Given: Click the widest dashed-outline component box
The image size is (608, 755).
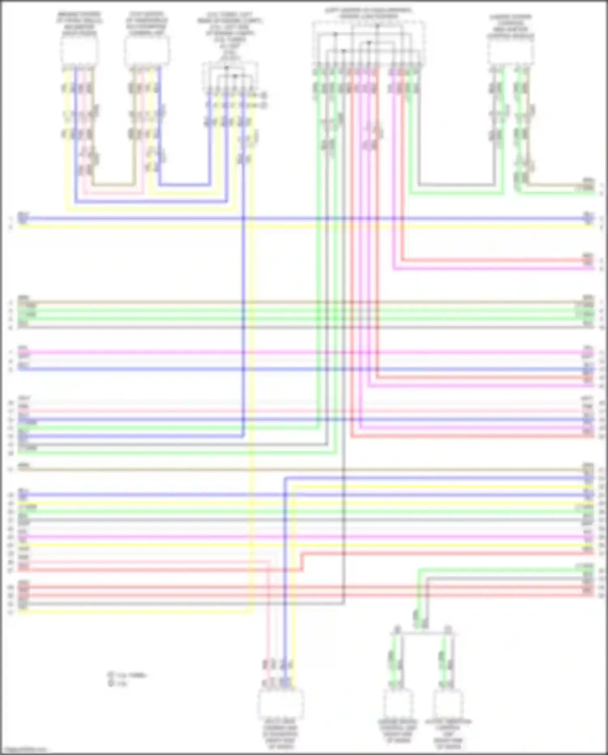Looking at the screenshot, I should pos(368,43).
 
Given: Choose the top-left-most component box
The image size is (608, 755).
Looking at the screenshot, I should pos(79,50).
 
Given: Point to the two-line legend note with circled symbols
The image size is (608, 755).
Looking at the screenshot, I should pos(127,679).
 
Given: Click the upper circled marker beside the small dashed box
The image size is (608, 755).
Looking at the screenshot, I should pos(264,95).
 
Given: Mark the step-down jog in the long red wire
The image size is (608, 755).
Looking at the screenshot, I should pos(302,561).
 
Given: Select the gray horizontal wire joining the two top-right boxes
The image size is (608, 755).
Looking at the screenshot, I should pos(456,185).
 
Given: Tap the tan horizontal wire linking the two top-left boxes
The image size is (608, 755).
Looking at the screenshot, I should pos(113,185).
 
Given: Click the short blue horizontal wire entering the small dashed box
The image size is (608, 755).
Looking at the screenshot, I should pos(184,185).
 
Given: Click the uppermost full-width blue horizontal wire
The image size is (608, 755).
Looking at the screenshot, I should pos(304,218).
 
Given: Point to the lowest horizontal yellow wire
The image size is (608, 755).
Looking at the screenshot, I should pos(138,611).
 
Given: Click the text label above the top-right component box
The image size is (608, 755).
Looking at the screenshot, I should pos(510,26).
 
